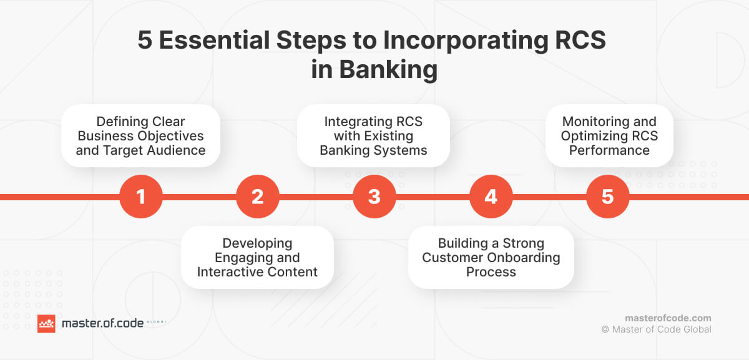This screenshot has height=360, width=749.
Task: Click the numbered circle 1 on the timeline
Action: point(140,197)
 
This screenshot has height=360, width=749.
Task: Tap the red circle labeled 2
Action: point(257,197)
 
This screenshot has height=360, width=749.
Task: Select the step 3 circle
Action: point(374,197)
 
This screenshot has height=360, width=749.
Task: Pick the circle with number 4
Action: point(491,197)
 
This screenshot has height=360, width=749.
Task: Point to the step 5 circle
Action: point(607,197)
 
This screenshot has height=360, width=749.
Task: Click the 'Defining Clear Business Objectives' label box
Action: point(140,135)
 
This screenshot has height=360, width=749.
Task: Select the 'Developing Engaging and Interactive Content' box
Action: point(257,258)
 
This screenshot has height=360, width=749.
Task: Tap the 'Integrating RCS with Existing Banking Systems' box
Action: point(373,135)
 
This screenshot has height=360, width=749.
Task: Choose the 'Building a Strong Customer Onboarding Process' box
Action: point(491,258)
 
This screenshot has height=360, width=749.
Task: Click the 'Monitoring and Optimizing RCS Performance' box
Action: point(609,135)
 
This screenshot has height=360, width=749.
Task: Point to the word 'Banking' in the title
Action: point(388,69)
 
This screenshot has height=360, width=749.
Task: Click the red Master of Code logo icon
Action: point(46,323)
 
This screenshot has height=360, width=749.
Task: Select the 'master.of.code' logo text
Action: point(102,323)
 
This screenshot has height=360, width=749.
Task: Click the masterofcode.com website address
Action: point(668,318)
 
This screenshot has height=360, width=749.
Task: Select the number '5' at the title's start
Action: point(145,42)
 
